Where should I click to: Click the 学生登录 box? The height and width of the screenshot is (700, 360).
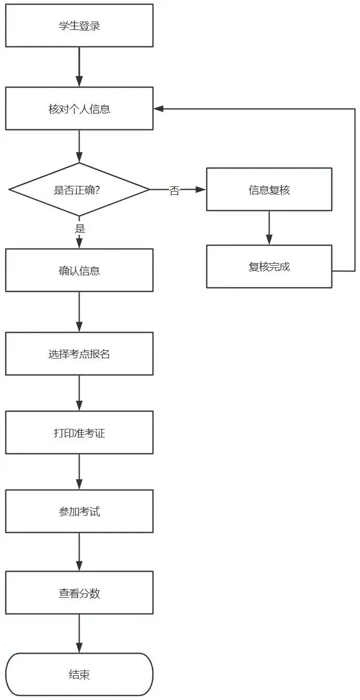click(x=79, y=26)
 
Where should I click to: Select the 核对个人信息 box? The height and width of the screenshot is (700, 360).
click(x=79, y=108)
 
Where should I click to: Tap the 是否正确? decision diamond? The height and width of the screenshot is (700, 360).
click(x=79, y=190)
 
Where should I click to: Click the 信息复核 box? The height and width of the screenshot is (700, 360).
click(x=269, y=190)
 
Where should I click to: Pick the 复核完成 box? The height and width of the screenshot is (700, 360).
click(x=269, y=267)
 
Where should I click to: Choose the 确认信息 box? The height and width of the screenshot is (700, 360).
click(x=79, y=270)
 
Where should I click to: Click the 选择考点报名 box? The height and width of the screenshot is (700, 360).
click(x=79, y=354)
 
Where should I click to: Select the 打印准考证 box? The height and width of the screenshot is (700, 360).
click(x=79, y=433)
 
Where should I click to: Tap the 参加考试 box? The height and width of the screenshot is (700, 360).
click(x=79, y=511)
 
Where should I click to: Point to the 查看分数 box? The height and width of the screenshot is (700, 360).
click(x=79, y=592)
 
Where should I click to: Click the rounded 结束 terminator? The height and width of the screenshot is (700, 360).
click(x=79, y=674)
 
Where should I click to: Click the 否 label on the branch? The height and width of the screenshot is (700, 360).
click(x=174, y=190)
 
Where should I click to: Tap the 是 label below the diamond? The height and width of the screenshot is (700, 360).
click(x=80, y=228)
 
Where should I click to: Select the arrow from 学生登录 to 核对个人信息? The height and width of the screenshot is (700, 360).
click(x=79, y=67)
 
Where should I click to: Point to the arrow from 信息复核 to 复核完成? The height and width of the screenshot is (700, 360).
click(x=269, y=228)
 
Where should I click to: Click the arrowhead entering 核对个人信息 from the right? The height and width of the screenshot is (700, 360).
click(x=158, y=108)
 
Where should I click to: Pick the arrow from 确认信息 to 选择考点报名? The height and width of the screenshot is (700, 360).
click(x=79, y=312)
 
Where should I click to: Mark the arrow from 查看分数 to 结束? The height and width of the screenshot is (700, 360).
click(x=79, y=633)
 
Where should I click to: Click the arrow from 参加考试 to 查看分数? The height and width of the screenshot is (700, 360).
click(x=79, y=552)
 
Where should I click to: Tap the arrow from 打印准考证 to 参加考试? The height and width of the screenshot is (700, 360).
click(x=79, y=472)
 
